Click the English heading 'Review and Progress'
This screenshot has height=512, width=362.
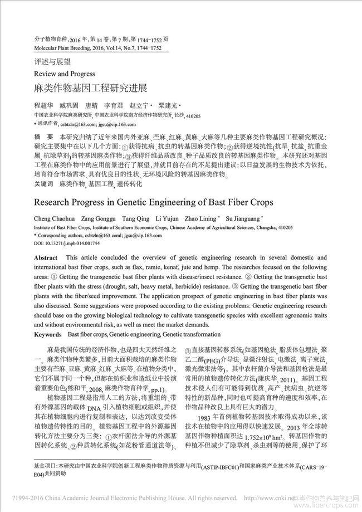tap(64, 74)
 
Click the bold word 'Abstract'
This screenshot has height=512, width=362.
tap(46, 259)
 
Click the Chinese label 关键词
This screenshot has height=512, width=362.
tap(43, 183)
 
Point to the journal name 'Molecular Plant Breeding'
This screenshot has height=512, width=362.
tap(62, 48)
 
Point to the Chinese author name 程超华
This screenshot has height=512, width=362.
tap(43, 105)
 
